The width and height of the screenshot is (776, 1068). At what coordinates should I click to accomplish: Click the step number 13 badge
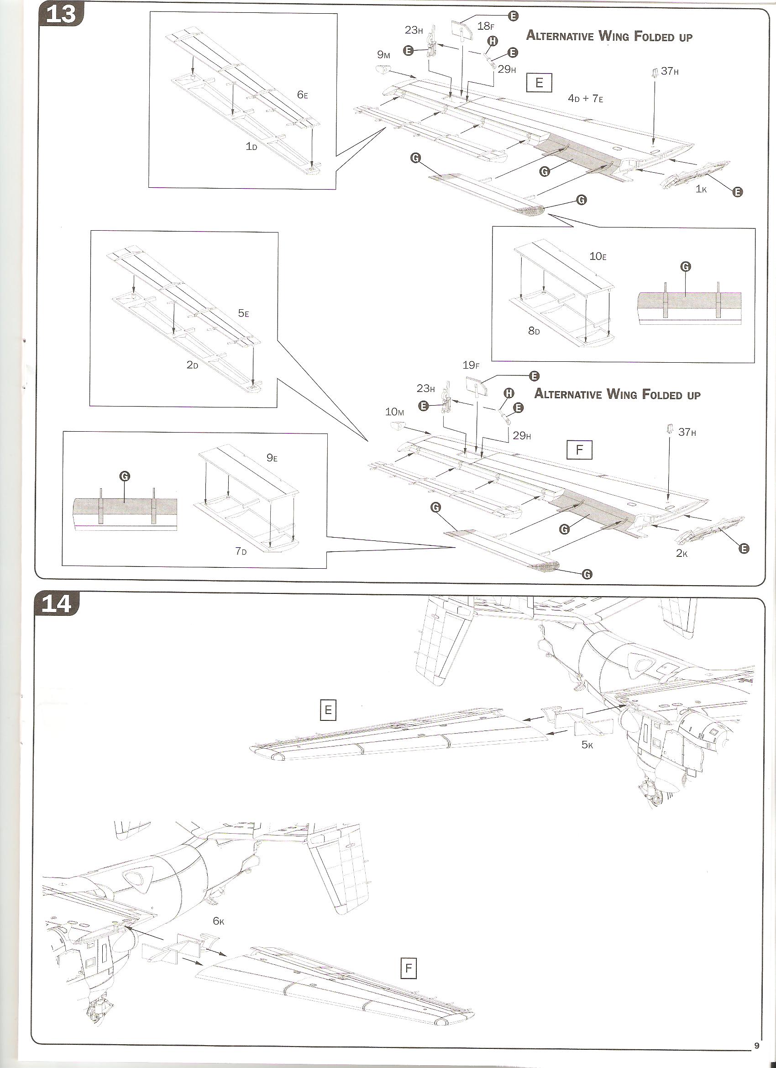61,14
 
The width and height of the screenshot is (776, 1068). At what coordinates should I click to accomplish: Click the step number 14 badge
57,604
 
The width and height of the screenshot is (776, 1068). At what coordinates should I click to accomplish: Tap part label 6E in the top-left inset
302,95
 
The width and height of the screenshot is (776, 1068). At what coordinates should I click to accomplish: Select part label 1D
252,147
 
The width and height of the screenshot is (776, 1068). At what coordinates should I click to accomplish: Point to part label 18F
486,26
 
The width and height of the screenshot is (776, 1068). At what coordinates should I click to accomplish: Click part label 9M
383,56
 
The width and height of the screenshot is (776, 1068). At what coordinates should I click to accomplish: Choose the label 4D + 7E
585,98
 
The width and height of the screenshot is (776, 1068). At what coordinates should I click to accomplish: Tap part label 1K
701,189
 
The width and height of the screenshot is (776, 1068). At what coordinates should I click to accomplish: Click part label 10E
598,256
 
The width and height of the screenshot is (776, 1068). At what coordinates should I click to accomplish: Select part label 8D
534,331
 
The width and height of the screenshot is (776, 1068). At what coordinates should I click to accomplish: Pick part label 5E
243,313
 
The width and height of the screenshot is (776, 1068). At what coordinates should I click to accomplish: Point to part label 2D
192,365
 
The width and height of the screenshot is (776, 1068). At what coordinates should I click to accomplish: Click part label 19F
471,365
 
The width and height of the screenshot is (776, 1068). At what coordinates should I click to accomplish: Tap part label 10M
394,412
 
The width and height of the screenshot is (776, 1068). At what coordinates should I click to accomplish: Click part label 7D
241,551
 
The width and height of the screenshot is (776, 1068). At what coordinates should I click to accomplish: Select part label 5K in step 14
587,745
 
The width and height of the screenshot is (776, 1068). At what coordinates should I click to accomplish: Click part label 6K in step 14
218,921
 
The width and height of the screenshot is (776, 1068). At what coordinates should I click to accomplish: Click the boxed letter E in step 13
539,83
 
